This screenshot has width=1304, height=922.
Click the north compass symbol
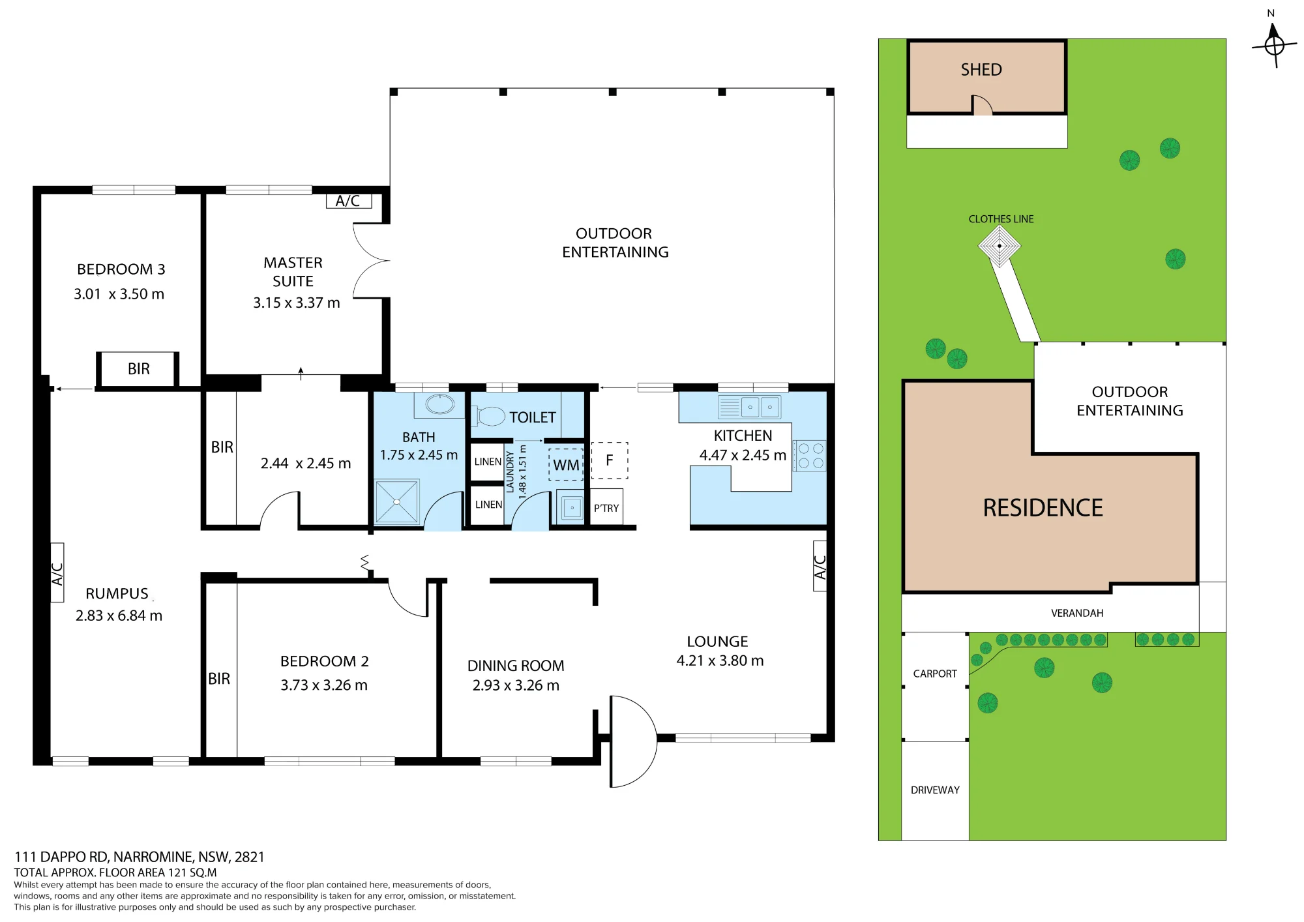(1274, 45)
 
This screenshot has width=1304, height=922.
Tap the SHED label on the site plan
(981, 70)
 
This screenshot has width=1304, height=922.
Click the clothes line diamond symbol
(1000, 246)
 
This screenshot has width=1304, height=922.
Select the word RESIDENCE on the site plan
(1043, 507)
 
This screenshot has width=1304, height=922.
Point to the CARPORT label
(935, 674)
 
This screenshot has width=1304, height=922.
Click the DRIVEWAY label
(935, 790)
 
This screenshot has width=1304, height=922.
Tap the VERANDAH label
(1077, 613)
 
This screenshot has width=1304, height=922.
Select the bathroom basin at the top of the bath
(440, 404)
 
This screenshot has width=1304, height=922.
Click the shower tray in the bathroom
(396, 501)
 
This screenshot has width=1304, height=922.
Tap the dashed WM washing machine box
(566, 465)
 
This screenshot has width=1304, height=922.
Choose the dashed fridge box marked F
(610, 460)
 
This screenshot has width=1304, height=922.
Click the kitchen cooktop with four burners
(810, 456)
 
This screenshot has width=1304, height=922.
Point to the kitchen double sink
(749, 407)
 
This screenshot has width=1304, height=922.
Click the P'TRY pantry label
(606, 508)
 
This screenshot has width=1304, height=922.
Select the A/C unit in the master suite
(349, 201)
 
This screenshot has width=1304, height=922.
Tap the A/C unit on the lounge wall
(820, 566)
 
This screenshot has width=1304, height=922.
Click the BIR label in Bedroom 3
(139, 369)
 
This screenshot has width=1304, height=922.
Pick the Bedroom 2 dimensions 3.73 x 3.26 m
(324, 685)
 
